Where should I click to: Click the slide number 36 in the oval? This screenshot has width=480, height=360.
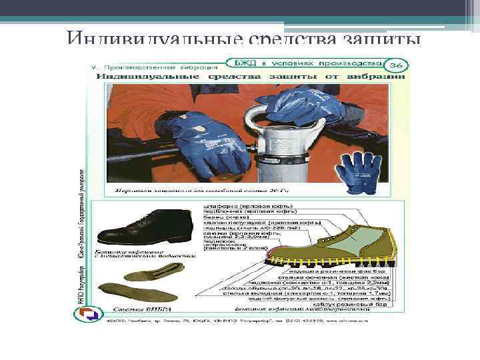[x=395, y=65]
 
